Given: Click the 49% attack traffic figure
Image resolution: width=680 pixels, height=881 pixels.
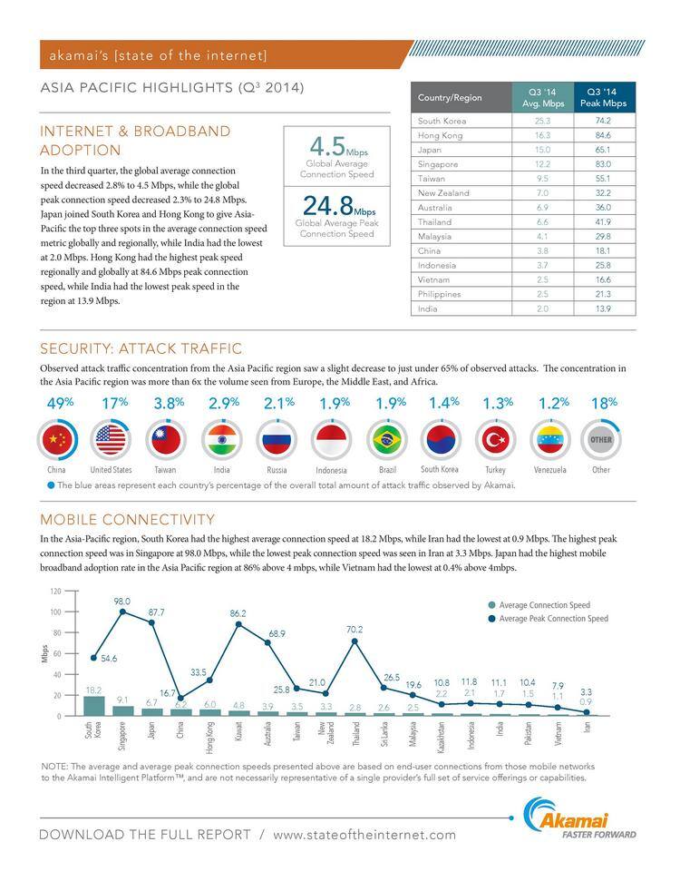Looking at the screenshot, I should click(59, 403).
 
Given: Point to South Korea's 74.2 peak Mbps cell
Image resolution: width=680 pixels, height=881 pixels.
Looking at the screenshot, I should click(603, 121).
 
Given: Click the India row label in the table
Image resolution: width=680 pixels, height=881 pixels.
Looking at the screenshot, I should click(427, 308).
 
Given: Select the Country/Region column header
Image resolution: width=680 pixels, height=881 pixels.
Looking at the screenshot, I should click(450, 97).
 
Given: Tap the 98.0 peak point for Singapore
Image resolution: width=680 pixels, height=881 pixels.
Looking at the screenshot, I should click(123, 612).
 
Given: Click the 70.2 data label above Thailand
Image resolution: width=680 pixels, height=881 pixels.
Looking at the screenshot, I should click(355, 629).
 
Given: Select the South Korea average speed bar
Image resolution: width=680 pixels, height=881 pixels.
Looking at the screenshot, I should click(94, 706).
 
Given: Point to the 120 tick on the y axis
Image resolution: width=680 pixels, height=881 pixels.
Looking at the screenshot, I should click(55, 591).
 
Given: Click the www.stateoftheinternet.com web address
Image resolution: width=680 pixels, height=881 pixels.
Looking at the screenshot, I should click(364, 835).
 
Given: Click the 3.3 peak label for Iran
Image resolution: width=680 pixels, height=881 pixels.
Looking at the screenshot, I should click(587, 690).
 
